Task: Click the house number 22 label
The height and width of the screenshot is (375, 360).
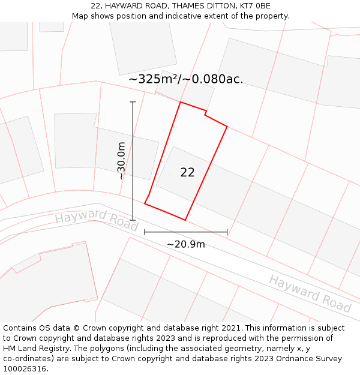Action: click(187, 173)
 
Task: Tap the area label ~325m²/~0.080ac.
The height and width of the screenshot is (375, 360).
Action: click(185, 79)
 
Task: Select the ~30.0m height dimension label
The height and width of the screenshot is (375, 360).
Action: click(121, 161)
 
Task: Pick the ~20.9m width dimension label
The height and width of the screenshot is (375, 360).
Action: click(185, 244)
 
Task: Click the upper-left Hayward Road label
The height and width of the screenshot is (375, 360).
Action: click(96, 221)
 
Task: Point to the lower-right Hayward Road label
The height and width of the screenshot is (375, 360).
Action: click(310, 294)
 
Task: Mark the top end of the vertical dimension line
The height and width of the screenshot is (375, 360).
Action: click(133, 102)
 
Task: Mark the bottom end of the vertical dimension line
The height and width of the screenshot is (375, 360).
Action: click(133, 220)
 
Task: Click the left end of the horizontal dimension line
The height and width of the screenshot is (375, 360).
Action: click(145, 232)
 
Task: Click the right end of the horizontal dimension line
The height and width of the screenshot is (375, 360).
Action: click(227, 232)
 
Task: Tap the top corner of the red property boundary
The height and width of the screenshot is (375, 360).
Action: click(181, 102)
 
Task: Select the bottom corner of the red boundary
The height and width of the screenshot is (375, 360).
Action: click(185, 220)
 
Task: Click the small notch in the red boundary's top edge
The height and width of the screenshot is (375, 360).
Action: click(206, 113)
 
